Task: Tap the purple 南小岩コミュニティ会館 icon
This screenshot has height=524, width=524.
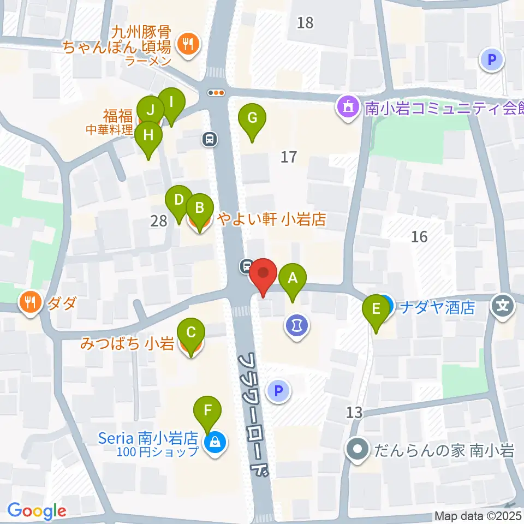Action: tap(348, 107)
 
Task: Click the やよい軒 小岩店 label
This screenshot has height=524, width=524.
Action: tap(272, 220)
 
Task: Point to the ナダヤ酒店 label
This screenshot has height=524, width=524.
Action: tap(437, 308)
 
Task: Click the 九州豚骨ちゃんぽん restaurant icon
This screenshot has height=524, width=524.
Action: tap(189, 44)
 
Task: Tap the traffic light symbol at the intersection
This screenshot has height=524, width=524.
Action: tap(217, 93)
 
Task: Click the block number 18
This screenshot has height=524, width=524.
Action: tap(306, 23)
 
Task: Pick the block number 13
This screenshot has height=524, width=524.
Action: tap(354, 413)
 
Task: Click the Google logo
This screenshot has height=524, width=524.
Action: tap(37, 511)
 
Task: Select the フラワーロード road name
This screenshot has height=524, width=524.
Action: tap(255, 415)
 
